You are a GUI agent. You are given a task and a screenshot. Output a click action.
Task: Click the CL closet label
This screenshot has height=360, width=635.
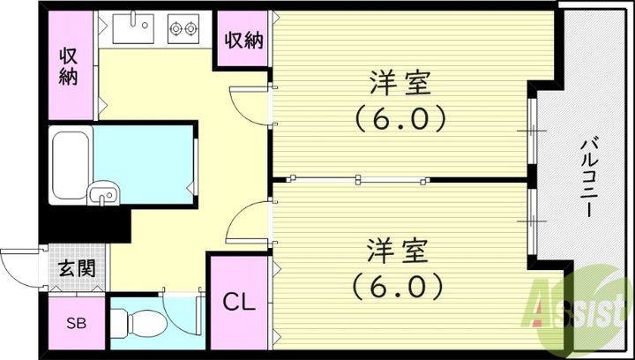point(238,303)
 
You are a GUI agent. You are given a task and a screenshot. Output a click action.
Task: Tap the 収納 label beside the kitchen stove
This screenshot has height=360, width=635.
point(243,40)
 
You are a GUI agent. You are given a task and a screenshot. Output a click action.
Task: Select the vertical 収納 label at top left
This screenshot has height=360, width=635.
point(69,65)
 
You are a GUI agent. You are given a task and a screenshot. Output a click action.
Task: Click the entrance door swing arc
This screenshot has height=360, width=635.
point(19,262)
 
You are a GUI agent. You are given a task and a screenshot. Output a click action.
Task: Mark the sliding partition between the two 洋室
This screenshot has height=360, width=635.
point(356,180)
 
